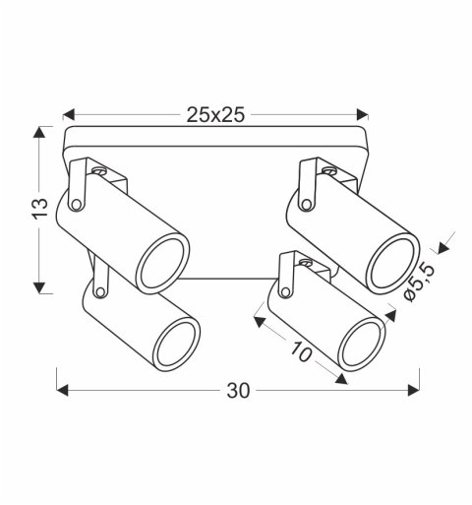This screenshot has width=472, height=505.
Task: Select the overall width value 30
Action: [x=236, y=391]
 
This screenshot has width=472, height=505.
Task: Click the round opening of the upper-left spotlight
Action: [x=161, y=263]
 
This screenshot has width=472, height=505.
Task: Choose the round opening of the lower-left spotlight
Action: [x=177, y=342]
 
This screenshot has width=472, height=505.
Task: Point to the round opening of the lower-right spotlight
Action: [x=361, y=346]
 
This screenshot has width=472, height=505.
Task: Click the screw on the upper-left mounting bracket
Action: [x=96, y=170]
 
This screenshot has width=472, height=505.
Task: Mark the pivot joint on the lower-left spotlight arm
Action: [x=99, y=290]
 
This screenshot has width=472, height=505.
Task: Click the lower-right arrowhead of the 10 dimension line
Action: [x=341, y=378]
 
